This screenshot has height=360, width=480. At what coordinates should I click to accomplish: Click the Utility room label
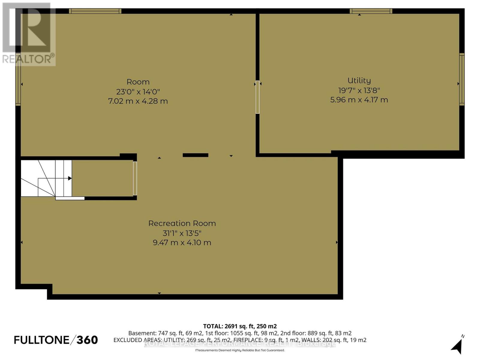[x=359, y=80]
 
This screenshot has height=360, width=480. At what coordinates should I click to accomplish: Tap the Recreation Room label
[x=182, y=223]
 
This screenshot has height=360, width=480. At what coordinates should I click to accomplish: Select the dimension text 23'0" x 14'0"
[x=138, y=91]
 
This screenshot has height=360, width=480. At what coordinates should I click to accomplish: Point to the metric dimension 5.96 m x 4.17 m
[x=359, y=100]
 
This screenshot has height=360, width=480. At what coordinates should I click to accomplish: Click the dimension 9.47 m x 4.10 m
[x=182, y=243]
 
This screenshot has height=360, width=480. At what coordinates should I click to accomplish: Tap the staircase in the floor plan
[x=46, y=178]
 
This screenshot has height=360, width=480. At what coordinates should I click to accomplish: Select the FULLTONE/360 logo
[x=56, y=340]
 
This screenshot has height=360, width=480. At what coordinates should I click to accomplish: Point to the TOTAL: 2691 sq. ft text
[x=240, y=326]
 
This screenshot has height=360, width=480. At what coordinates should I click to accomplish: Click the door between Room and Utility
[x=257, y=97]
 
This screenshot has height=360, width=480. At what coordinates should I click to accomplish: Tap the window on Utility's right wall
[x=462, y=79]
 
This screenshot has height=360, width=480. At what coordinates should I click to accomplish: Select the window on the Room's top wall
[x=95, y=11]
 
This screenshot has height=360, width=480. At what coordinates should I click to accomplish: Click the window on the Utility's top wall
[x=371, y=11]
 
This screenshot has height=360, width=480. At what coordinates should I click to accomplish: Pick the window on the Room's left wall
[x=18, y=79]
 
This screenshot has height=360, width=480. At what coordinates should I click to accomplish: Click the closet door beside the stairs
[x=135, y=178]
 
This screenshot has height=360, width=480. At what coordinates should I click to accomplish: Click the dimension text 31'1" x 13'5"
[x=182, y=233]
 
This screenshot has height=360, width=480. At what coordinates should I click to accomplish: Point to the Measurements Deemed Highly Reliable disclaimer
[x=240, y=350]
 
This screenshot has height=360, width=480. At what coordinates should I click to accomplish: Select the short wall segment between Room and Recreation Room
[x=195, y=155]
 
